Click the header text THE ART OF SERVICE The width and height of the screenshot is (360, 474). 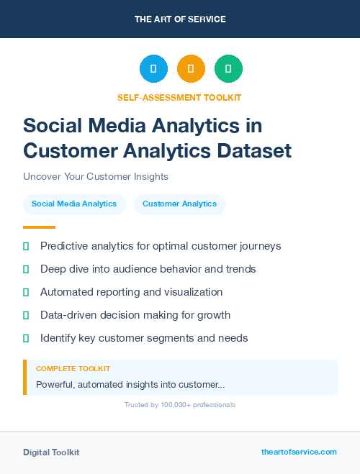180,19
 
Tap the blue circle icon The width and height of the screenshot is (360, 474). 153,69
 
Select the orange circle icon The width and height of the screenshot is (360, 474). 191,69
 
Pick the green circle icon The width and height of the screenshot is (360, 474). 228,69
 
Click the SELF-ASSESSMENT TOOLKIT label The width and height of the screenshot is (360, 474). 180,97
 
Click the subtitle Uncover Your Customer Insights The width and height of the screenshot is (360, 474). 95,176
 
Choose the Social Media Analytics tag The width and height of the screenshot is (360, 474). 74,204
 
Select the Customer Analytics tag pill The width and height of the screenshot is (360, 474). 179,204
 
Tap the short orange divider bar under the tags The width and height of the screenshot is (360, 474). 39,227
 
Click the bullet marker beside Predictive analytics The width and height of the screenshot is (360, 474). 26,247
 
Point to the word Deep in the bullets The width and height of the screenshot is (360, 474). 53,269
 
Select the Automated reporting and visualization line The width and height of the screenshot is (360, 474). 131,292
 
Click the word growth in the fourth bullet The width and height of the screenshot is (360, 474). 215,315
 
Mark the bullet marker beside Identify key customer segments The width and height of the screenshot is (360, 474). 26,338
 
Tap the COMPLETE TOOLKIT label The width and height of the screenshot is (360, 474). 73,369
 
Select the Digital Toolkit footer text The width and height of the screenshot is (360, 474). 51,452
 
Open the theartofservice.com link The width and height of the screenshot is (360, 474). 299,452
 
